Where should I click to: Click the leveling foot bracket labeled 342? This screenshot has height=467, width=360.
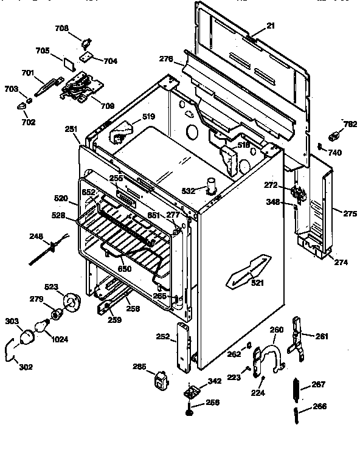[x=193, y=389]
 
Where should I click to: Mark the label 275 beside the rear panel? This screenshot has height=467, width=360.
[x=350, y=214]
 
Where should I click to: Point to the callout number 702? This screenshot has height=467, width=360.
[x=27, y=122]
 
